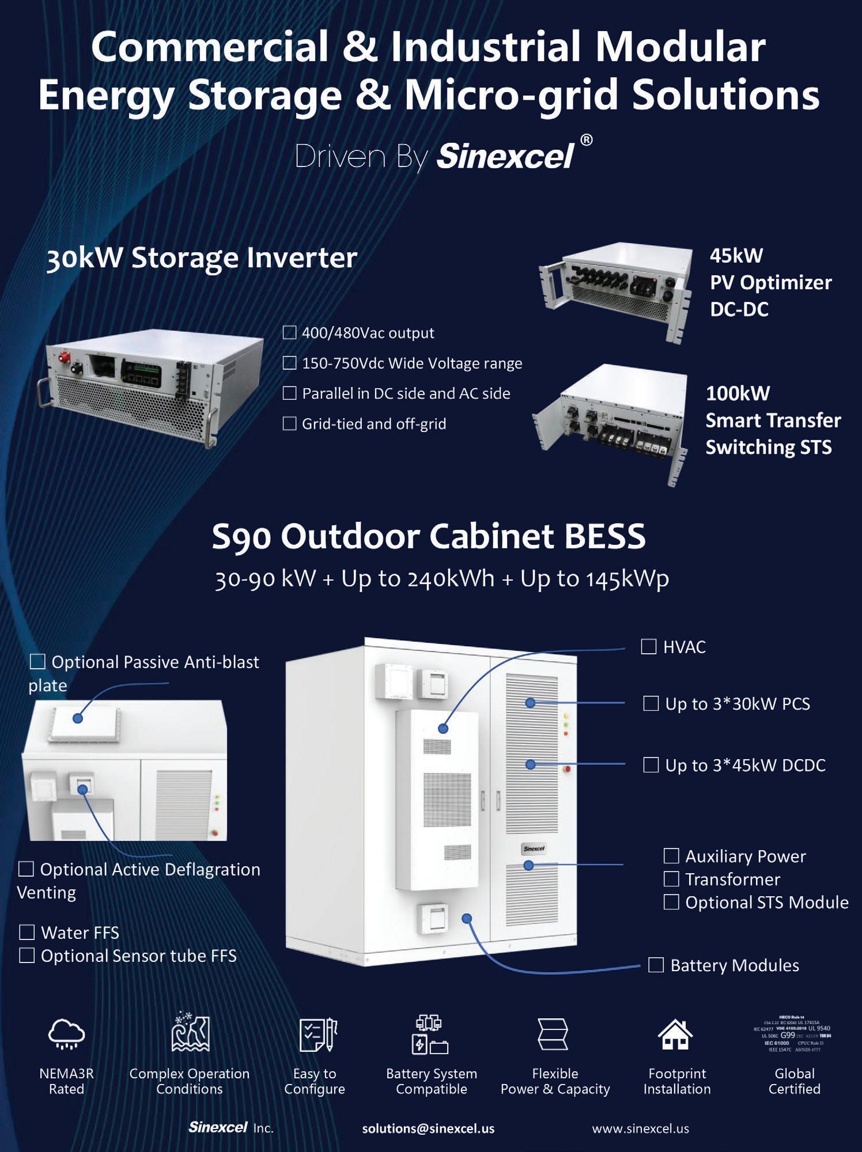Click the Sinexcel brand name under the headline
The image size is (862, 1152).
tap(505, 156)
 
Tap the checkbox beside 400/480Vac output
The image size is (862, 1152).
tap(289, 332)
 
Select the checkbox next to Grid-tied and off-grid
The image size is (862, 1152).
tap(289, 423)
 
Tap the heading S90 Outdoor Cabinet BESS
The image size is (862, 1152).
tap(428, 536)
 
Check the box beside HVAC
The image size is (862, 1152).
tap(648, 646)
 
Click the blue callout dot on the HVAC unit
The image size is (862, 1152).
tap(443, 728)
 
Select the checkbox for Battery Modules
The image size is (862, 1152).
tap(656, 965)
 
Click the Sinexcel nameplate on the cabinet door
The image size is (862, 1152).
tap(534, 848)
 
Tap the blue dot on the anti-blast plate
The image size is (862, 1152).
tap(78, 718)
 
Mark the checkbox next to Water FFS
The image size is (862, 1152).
tap(27, 932)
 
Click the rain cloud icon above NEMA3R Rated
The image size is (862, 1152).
tap(66, 1033)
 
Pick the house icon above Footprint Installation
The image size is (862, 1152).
tap(675, 1034)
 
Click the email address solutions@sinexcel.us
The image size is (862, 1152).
tap(428, 1128)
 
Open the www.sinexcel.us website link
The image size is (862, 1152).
tap(640, 1128)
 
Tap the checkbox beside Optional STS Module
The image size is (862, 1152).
tap(671, 902)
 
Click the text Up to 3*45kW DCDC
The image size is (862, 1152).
tap(745, 765)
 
